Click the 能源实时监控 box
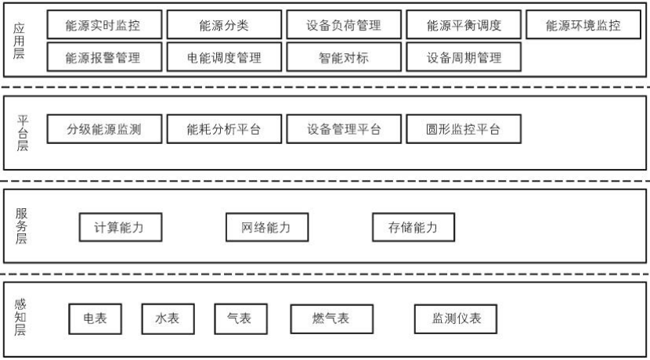[x=104, y=26]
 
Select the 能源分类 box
[x=224, y=26]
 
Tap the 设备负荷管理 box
[x=344, y=26]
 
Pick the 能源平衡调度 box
[x=464, y=26]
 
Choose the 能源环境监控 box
[x=583, y=26]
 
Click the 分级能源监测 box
[x=104, y=130]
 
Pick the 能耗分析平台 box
[x=224, y=130]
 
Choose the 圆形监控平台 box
[x=464, y=130]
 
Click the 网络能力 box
[x=266, y=228]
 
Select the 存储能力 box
[x=413, y=228]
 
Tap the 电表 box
[x=95, y=319]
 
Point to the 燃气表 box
[x=331, y=319]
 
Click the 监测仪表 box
[x=457, y=319]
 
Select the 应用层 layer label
[x=20, y=41]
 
